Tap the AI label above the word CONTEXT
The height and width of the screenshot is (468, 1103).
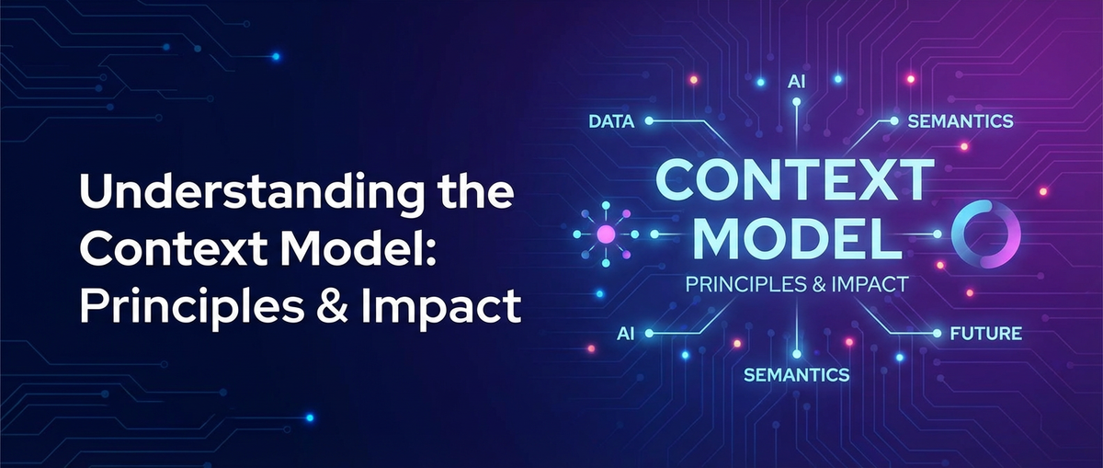(x=796, y=80)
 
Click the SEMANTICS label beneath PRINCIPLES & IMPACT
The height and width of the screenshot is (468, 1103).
(x=796, y=374)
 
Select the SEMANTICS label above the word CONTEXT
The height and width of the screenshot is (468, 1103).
(x=959, y=121)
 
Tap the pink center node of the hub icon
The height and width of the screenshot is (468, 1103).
(x=606, y=235)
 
